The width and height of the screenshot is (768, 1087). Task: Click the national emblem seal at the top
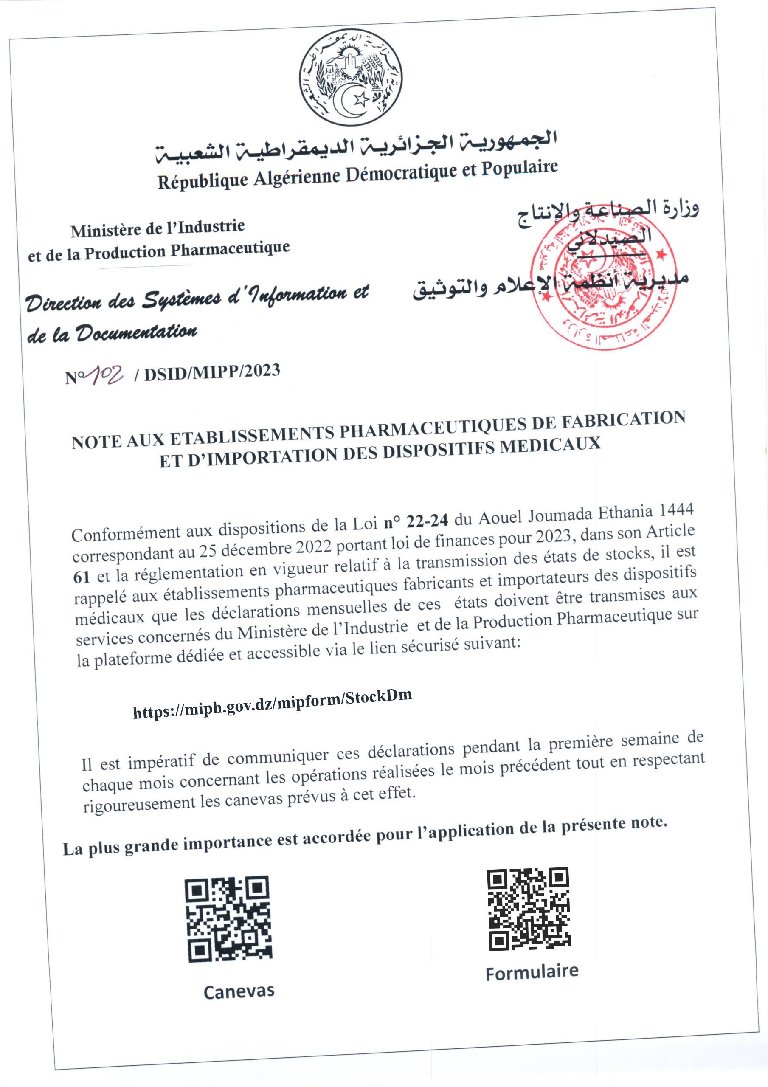351,78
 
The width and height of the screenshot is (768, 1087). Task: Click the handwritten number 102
107,375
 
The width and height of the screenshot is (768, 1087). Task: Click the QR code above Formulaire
529,909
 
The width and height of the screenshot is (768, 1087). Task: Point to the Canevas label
239,991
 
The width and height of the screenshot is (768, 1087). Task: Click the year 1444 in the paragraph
676,510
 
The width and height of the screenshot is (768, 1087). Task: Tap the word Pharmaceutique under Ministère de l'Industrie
230,250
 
